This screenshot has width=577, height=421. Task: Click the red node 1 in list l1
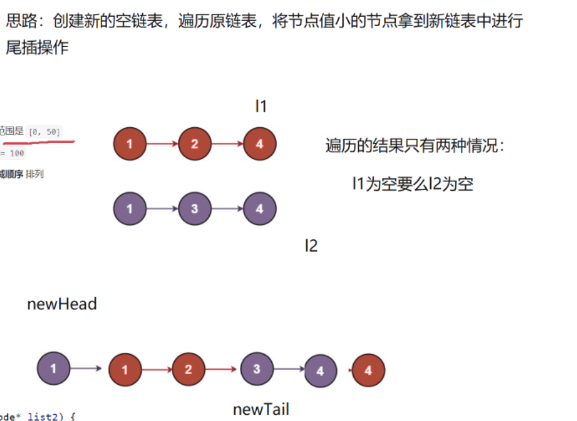pos(129,144)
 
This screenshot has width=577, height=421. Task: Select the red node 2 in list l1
pos(194,144)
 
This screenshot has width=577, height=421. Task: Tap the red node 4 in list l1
pos(259,144)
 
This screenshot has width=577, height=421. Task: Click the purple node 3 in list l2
pos(194,209)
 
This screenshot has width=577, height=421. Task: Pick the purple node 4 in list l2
pos(259,209)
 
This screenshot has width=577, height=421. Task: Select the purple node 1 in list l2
pos(129,209)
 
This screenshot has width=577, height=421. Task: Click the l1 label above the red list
pos(261,107)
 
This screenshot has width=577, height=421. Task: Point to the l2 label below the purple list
pos(311,245)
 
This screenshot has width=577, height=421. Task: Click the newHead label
pos(62,304)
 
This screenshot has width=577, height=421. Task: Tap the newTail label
pos(261,410)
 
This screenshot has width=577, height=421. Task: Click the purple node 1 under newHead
pos(54,368)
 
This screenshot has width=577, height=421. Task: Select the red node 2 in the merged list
pos(188,369)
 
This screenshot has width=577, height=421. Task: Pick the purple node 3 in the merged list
pos(257,369)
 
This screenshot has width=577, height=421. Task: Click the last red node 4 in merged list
pos(368,370)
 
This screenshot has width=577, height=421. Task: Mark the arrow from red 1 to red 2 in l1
pos(162,144)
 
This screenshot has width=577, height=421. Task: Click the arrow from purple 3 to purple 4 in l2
pos(227,209)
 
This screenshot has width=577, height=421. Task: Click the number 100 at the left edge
pos(17,153)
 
